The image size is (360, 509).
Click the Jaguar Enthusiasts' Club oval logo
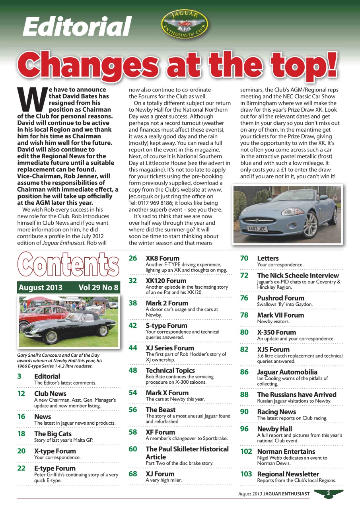point(184,25)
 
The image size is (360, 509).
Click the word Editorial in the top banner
point(76,27)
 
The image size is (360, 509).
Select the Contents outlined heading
point(68,265)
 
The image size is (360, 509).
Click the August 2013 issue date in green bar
point(41,288)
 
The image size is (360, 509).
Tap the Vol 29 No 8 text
point(99,288)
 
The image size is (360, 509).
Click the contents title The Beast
point(160,410)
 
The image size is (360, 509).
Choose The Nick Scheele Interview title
point(298,275)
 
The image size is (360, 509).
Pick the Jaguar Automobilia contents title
point(287,372)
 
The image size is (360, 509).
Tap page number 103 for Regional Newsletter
point(246,474)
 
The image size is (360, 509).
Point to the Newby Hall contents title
point(274,429)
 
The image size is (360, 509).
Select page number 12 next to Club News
point(21,394)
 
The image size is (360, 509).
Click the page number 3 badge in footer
point(329,493)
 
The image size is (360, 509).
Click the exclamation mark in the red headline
point(331,66)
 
